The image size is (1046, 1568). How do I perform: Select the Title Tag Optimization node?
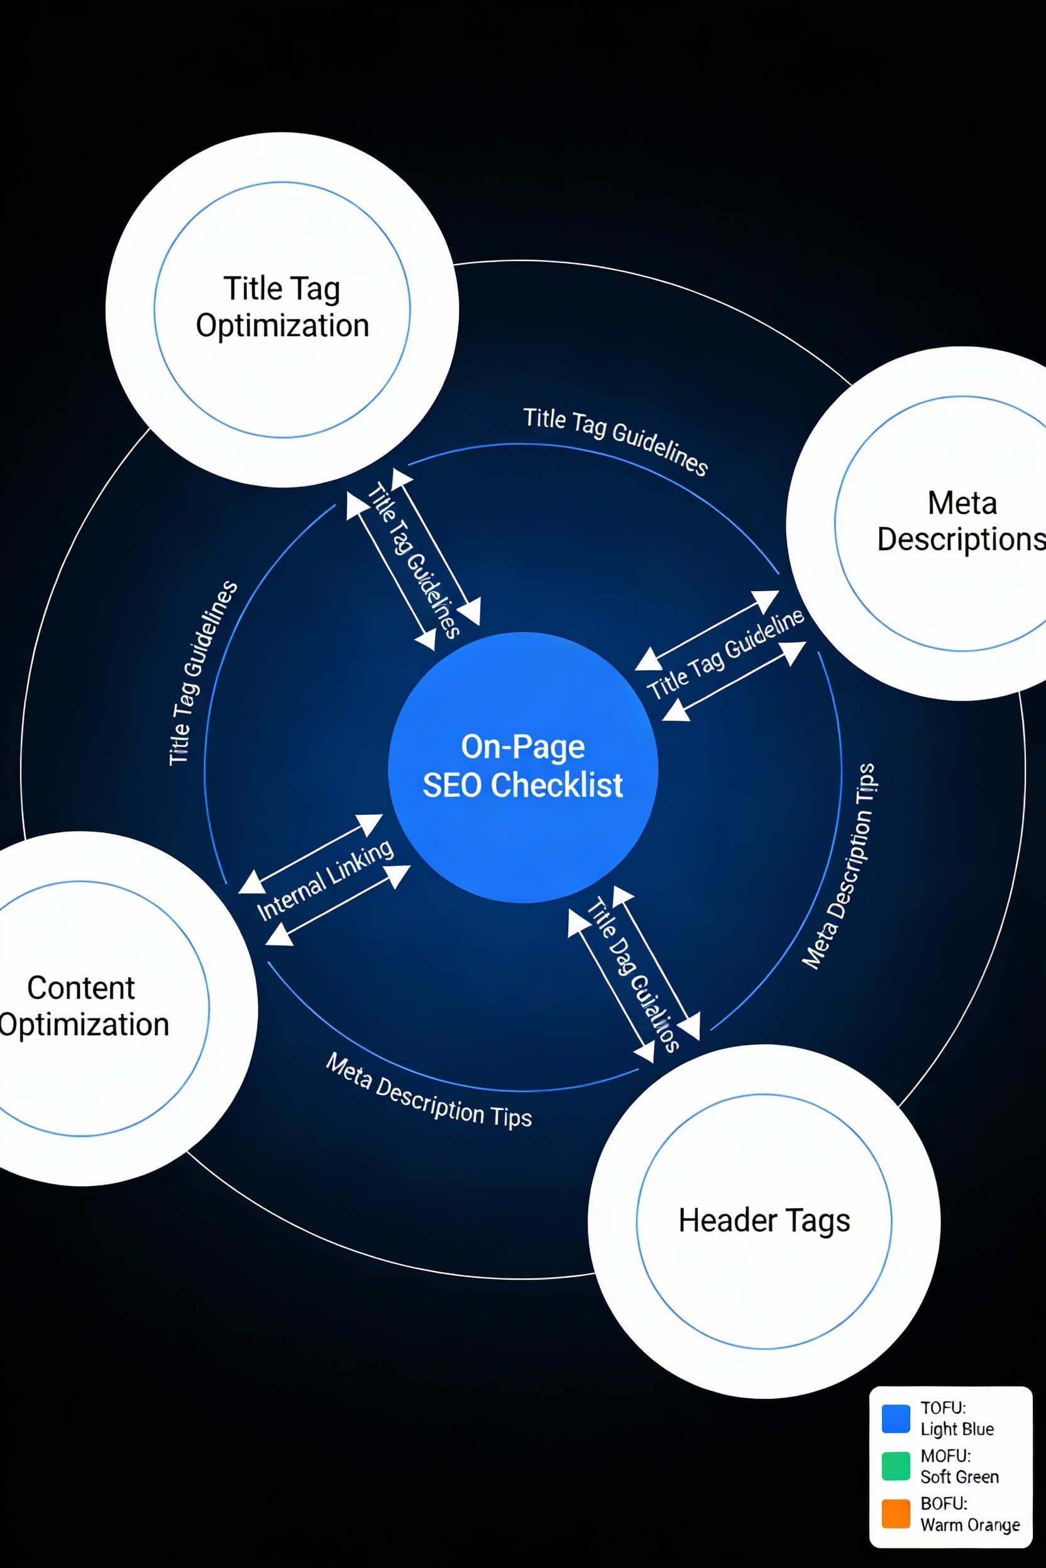tap(282, 309)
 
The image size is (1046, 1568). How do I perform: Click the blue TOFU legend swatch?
tap(895, 1418)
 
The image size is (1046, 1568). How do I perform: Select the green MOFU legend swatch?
tap(895, 1466)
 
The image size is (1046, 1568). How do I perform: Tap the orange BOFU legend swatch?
tap(895, 1513)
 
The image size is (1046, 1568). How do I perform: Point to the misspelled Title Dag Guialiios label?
tap(632, 975)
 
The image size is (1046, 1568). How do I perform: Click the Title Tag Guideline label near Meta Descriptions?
tap(726, 655)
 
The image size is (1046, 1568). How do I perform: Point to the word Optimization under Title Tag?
tap(282, 326)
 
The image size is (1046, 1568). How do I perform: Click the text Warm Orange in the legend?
tap(970, 1525)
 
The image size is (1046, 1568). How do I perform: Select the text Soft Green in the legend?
tap(959, 1477)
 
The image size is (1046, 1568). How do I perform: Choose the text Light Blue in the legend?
tap(957, 1429)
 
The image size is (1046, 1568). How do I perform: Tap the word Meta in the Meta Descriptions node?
tap(962, 503)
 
